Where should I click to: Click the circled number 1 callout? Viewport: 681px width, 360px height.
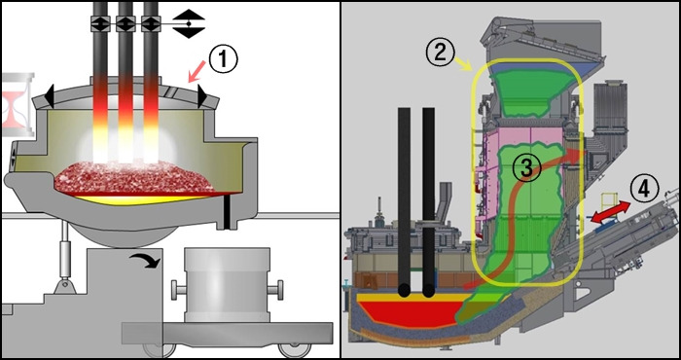tap(223, 59)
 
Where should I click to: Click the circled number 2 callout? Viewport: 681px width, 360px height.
tap(440, 53)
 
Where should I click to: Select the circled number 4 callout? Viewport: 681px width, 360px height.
tap(644, 190)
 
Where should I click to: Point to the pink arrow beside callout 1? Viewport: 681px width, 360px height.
tap(196, 71)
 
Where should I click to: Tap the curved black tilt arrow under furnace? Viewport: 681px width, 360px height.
tap(145, 260)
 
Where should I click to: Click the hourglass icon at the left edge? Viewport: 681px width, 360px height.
tap(18, 105)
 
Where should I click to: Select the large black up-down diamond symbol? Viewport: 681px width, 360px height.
tap(189, 23)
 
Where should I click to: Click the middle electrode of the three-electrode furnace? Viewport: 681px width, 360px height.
tap(125, 83)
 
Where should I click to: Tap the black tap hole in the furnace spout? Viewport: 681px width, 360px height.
tap(227, 211)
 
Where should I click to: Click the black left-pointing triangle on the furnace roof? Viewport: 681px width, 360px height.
tap(49, 96)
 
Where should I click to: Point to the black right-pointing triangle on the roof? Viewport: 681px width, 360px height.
tap(202, 96)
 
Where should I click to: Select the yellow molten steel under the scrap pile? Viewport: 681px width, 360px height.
tap(139, 199)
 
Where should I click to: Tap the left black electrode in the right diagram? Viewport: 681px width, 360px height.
tap(404, 202)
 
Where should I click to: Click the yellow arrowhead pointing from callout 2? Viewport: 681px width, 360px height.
tap(468, 67)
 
